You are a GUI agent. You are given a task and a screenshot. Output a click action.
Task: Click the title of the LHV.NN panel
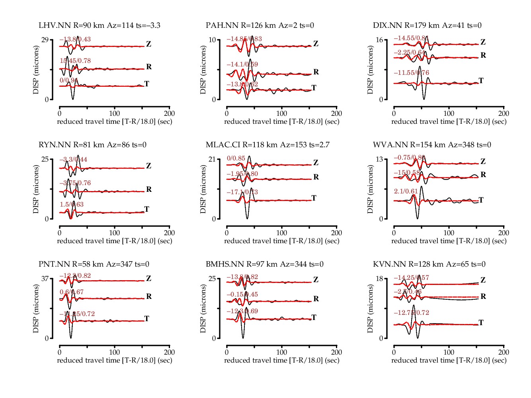point(100,25)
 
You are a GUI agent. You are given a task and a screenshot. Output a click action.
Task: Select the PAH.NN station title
point(260,25)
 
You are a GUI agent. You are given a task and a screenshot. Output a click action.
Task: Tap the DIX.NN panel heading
point(427,25)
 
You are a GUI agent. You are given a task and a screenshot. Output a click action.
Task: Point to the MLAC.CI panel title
point(267,145)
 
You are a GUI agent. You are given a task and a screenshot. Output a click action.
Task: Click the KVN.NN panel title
point(429,264)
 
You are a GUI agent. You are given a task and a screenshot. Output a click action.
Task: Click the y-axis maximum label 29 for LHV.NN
point(45,40)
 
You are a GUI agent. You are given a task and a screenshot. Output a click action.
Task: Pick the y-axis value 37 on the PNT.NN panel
point(45,279)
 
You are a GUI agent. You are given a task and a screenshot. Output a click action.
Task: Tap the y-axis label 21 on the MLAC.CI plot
point(212,159)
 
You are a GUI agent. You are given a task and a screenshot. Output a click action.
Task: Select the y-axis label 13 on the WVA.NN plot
point(379,159)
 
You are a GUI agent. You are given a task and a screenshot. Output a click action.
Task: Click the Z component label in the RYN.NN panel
point(148,166)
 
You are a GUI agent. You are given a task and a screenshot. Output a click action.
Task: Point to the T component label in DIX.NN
point(481,81)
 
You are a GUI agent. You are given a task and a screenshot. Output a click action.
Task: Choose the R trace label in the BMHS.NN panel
point(316,299)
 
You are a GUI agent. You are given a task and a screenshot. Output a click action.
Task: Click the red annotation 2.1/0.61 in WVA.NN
point(406,191)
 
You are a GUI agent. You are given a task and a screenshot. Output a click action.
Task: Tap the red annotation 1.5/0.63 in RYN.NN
point(72,205)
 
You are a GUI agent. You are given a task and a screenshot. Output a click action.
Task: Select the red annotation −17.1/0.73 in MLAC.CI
point(242,192)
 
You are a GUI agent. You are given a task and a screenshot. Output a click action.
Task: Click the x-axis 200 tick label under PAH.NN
point(336,113)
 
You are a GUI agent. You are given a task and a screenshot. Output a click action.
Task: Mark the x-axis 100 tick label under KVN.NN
point(449,352)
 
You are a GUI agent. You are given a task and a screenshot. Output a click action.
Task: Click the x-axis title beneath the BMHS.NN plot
point(282,361)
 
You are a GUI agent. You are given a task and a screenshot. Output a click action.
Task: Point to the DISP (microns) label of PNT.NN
point(36,309)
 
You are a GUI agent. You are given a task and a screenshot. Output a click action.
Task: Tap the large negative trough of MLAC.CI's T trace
point(247,218)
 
